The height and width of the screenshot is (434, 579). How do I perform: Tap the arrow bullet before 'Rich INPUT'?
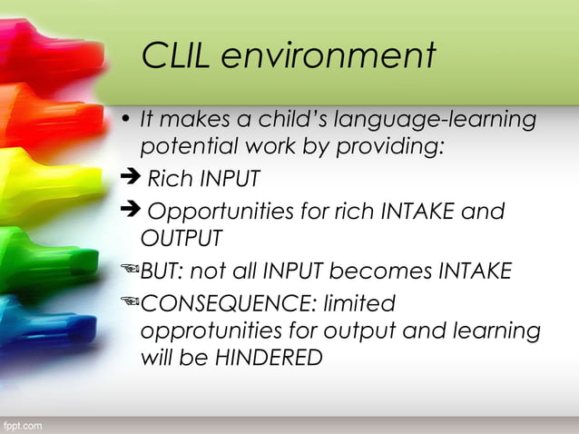pos(132,178)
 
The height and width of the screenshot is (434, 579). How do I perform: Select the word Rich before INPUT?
pos(171,179)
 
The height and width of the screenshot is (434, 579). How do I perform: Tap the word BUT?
pos(162,271)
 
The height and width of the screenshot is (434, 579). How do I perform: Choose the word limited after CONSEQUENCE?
pos(365,301)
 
